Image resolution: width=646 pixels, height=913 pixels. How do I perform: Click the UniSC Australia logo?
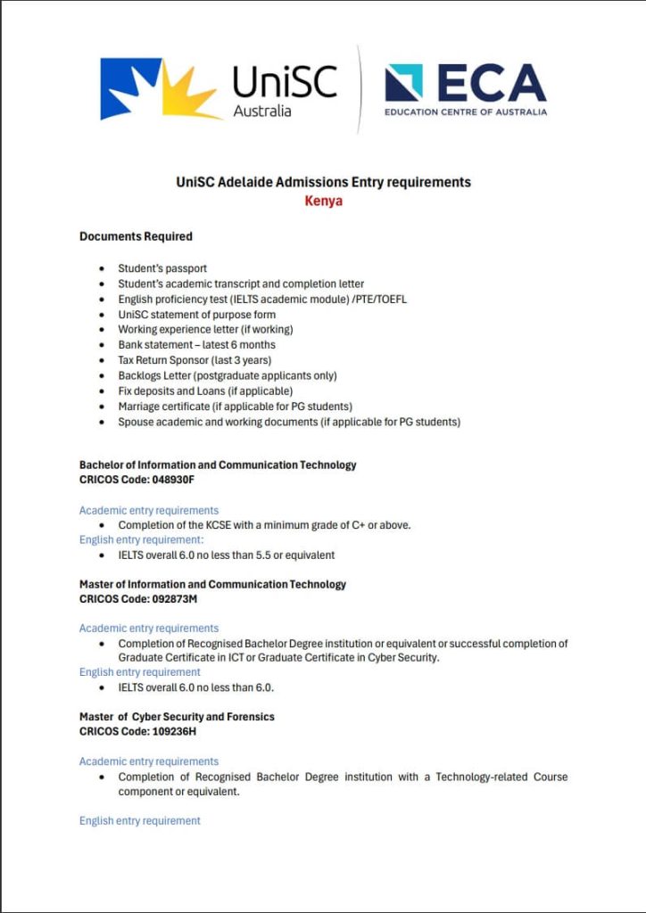coord(219,89)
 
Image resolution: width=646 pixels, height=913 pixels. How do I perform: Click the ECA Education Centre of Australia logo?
coord(465,89)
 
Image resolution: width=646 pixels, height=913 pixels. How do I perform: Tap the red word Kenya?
coord(323,201)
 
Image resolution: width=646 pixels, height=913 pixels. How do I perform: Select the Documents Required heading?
coord(136,236)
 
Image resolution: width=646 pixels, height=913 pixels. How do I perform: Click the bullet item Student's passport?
coord(162,268)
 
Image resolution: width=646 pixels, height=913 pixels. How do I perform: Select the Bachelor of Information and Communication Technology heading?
coord(218,465)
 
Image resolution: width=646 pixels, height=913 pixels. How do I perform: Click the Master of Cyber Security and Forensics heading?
coord(177,717)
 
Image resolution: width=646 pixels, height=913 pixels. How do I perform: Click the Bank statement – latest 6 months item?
coord(196,345)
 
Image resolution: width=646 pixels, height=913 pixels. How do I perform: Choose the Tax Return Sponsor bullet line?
coord(195,360)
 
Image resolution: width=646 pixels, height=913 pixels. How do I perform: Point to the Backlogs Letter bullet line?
coord(228,375)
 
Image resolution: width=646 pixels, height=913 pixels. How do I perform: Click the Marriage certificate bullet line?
coord(235,407)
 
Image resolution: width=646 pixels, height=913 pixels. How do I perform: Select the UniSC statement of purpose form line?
coord(196,315)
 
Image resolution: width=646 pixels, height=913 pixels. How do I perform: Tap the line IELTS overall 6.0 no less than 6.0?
coord(195,687)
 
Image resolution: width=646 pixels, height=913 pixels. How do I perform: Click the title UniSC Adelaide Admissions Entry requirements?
coord(323,182)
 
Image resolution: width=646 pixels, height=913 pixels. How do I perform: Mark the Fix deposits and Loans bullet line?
coord(205,391)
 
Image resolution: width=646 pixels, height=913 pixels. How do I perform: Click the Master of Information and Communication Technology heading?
coord(212,584)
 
